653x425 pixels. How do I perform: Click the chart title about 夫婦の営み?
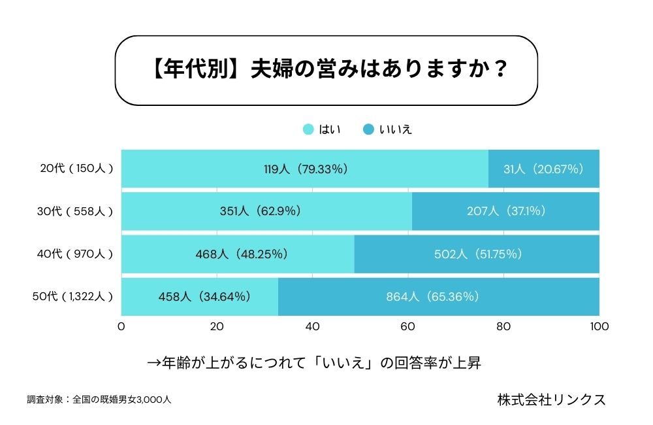pos(326,71)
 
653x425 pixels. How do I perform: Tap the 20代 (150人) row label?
pos(76,169)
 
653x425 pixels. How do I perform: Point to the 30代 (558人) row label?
pos(76,211)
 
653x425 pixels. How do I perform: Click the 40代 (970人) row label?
pos(76,254)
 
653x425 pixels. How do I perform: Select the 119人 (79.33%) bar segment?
pos(305,169)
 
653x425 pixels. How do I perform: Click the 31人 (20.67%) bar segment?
pos(543,169)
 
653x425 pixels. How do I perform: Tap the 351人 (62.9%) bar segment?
pos(267,211)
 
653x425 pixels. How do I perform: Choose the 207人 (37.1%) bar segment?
pos(505,211)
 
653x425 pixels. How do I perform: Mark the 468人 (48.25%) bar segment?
pos(238,254)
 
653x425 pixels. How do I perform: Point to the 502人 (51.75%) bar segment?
pos(477,254)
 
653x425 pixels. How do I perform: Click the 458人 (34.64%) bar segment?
pos(200,296)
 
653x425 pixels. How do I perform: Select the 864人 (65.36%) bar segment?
pos(439,296)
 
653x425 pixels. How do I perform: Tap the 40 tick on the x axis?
pos(313,326)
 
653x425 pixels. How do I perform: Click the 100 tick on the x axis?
pos(599,326)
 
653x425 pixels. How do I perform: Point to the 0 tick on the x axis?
pos(121,326)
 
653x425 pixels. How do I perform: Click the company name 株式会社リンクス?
pos(550,399)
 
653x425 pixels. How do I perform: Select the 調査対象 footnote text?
pos(99,399)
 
